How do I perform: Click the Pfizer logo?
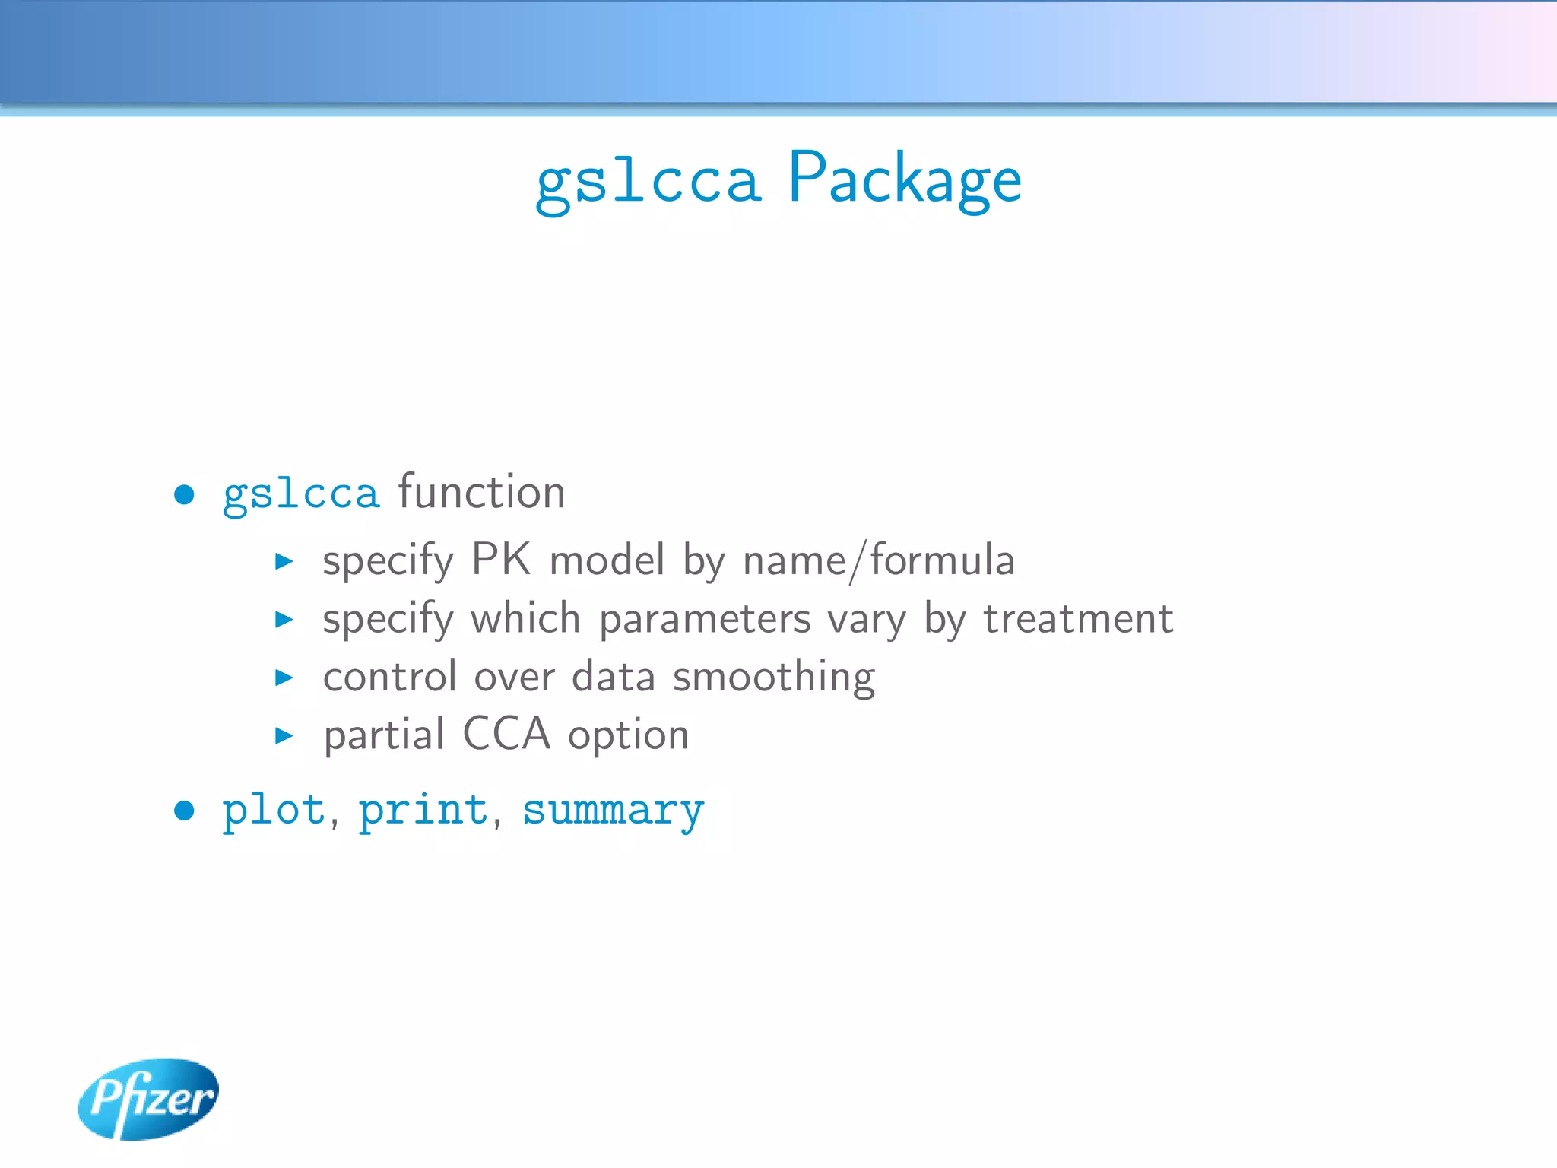point(148,1098)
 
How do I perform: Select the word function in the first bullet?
point(481,492)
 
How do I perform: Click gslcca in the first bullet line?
point(300,495)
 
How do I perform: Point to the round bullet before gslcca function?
point(184,495)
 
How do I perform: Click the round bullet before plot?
point(184,811)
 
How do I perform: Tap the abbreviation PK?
point(500,560)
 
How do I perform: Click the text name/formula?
point(878,561)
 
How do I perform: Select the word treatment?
point(1078,619)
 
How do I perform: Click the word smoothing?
point(774,678)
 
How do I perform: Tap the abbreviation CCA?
point(506,735)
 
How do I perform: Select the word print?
point(423,811)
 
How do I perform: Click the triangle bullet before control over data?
point(284,678)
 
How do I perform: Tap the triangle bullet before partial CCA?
point(284,735)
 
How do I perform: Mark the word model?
point(607,561)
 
